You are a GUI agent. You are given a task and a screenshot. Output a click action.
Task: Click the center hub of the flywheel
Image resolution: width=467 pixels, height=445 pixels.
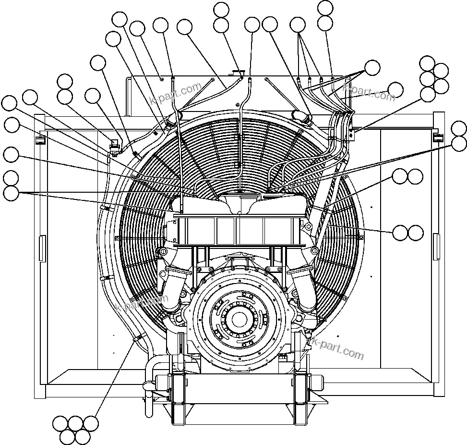(x=239, y=318)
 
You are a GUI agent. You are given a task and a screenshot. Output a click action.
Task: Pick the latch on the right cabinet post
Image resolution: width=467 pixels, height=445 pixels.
(x=438, y=138)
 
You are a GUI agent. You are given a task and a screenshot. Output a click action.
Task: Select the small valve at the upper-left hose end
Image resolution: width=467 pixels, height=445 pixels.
(x=114, y=146)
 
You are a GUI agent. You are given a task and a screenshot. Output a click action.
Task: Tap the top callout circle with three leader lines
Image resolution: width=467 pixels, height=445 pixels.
(x=298, y=25)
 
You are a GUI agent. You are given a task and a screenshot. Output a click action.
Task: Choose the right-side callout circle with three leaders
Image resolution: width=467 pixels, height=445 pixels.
(x=372, y=68)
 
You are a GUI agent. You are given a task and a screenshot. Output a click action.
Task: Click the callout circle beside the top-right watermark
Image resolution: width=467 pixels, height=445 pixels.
(x=395, y=90)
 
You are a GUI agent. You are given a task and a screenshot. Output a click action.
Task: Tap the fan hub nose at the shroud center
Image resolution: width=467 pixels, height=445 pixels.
(x=239, y=202)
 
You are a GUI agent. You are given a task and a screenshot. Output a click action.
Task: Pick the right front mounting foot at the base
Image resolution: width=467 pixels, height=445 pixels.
(x=301, y=399)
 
